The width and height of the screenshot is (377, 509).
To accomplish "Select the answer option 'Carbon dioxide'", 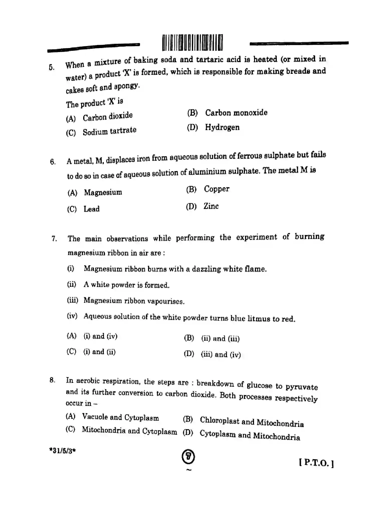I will click(x=107, y=117).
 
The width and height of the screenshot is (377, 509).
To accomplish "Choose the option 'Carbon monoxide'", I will click(x=236, y=113).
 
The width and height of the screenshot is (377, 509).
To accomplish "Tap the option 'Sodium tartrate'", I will click(x=109, y=131).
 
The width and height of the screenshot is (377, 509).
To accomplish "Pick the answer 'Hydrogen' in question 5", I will click(x=222, y=127).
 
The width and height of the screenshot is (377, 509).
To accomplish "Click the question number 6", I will click(x=53, y=162).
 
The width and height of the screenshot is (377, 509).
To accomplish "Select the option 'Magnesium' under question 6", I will click(x=103, y=192).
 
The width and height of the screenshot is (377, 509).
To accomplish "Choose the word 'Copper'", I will click(x=216, y=189).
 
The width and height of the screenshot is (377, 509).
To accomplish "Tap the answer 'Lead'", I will click(x=91, y=209).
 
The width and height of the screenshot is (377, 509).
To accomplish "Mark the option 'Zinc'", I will click(x=211, y=206).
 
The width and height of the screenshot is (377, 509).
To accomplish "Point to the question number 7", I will click(x=54, y=238).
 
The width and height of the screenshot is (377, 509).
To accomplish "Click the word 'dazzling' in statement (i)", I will click(x=206, y=269).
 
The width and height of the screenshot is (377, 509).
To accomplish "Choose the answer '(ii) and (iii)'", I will click(x=220, y=339).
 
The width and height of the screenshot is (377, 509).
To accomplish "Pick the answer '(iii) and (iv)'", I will click(x=220, y=355).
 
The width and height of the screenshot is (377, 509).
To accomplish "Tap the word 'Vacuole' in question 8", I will click(x=95, y=417).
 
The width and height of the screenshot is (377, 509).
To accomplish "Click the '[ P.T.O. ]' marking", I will click(x=316, y=463).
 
